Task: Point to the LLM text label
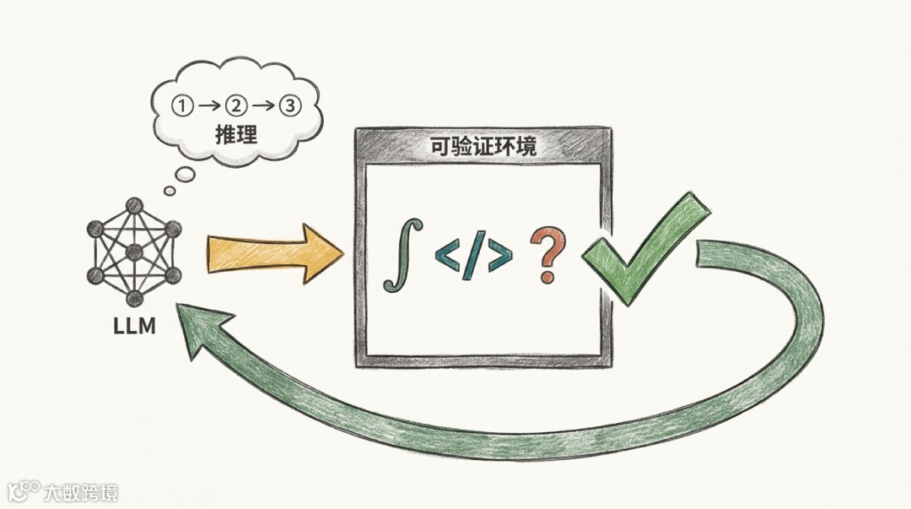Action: (134, 326)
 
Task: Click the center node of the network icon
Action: (134, 252)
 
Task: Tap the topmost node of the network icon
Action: (133, 204)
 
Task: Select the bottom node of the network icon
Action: (133, 298)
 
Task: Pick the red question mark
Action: (547, 255)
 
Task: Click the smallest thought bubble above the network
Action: (170, 191)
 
